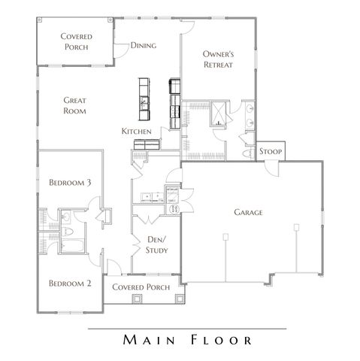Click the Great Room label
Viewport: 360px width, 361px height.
tap(74, 105)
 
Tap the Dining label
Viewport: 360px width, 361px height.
tap(143, 46)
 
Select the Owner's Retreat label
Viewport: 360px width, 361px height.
tap(219, 59)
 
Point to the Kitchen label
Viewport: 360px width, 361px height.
tap(137, 132)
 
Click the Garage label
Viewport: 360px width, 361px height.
tap(248, 213)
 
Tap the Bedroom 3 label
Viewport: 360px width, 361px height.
tap(70, 183)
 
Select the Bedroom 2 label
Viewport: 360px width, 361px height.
tap(70, 284)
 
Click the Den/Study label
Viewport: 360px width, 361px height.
tap(156, 245)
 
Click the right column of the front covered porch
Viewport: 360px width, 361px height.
tap(179, 299)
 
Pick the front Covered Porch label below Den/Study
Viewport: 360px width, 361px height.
tap(140, 287)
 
